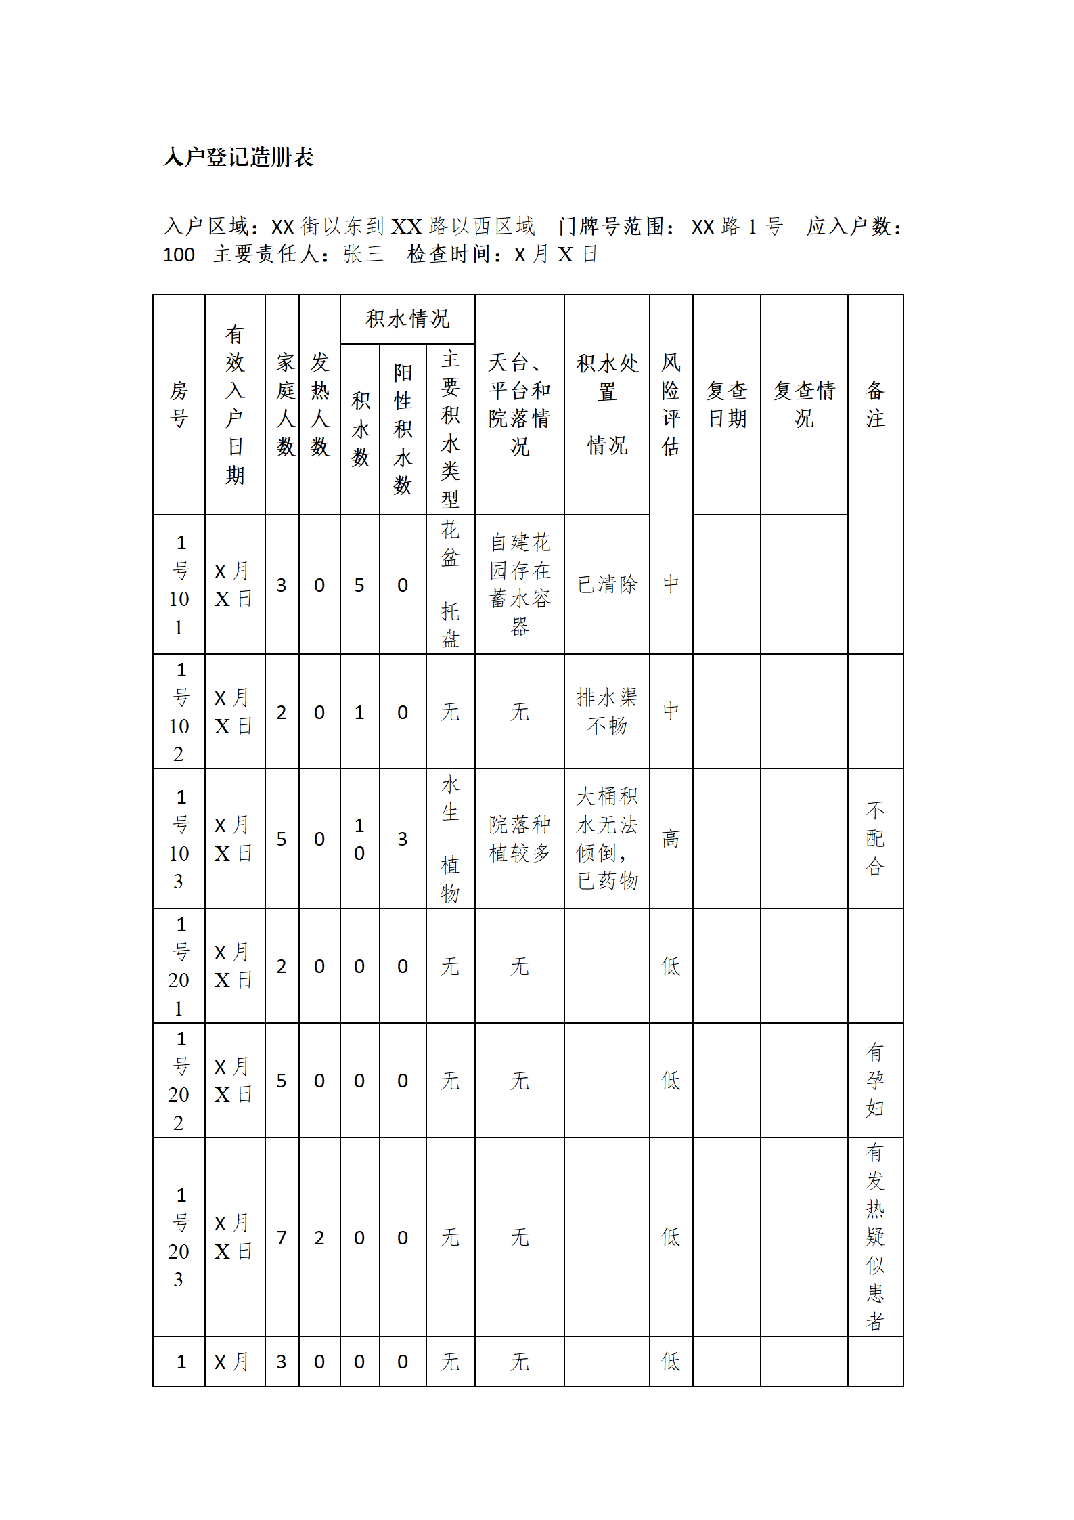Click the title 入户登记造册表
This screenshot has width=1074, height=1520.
pos(238,157)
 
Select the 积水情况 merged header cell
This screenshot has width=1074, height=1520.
pos(407,319)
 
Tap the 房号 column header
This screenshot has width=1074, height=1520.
pos(179,404)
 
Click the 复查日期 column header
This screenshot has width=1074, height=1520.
pos(726,404)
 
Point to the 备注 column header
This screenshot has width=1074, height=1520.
pos(875,404)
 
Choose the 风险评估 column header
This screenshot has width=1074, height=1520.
pos(671,404)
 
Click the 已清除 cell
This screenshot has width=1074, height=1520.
pos(607,584)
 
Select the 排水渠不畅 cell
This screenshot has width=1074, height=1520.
pos(607,711)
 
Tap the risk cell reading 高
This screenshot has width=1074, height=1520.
pos(671,839)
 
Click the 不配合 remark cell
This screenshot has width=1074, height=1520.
pos(875,839)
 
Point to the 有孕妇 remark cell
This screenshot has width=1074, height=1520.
pos(875,1080)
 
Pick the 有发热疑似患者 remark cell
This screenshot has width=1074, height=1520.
pos(875,1236)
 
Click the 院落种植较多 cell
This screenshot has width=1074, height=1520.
pos(519,839)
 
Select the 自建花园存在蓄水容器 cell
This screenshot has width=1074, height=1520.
pos(519,584)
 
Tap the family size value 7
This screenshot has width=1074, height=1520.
pos(282,1238)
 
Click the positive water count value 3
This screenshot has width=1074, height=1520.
pos(403,839)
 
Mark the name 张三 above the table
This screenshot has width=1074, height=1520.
pos(363,255)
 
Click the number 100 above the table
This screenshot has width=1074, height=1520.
pos(179,255)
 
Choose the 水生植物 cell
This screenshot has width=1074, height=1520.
pos(450,839)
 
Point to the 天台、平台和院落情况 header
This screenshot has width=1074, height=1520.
pos(519,404)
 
